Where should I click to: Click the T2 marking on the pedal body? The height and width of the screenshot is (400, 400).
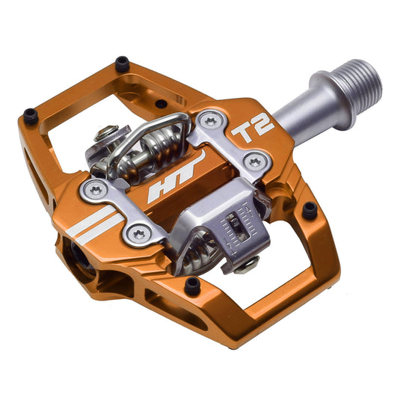click(253, 129)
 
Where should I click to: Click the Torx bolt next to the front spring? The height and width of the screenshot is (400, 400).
click(139, 235)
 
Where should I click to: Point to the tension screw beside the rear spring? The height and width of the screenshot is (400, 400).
click(108, 135)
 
